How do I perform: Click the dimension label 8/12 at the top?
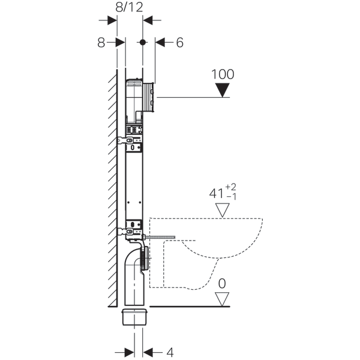click(x=128, y=7)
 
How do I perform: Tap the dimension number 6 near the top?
click(x=179, y=43)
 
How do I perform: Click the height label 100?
click(x=223, y=74)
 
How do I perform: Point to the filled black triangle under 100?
click(x=223, y=90)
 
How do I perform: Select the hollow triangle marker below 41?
click(x=223, y=210)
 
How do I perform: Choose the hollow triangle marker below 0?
click(x=223, y=298)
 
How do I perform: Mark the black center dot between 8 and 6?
click(x=142, y=43)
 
